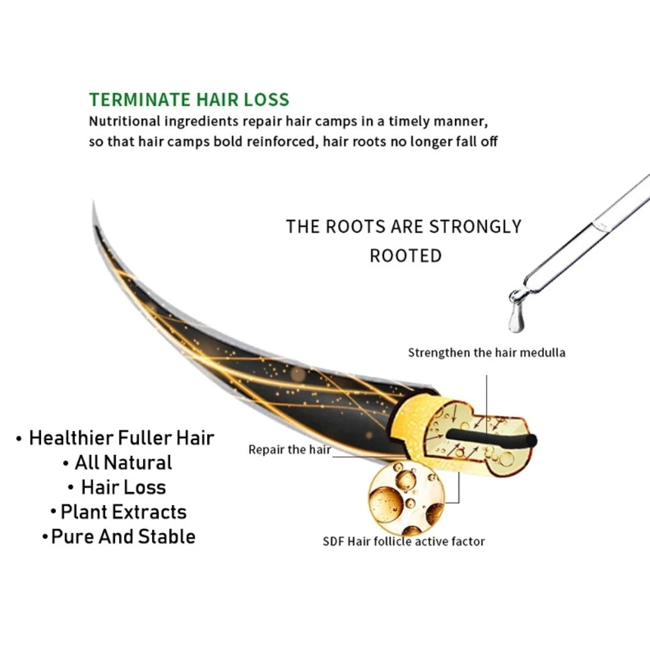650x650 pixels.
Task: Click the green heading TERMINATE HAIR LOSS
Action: (x=189, y=100)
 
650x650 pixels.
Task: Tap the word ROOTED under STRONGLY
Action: (x=406, y=255)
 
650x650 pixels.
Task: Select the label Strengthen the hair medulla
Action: (x=486, y=353)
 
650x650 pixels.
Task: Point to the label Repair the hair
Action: (x=289, y=449)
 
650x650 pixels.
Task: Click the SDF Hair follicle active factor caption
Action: (x=404, y=541)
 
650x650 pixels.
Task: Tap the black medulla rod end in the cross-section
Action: (x=532, y=441)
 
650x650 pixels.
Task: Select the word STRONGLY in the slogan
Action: (x=475, y=227)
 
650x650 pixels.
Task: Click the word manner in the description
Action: (x=461, y=122)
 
